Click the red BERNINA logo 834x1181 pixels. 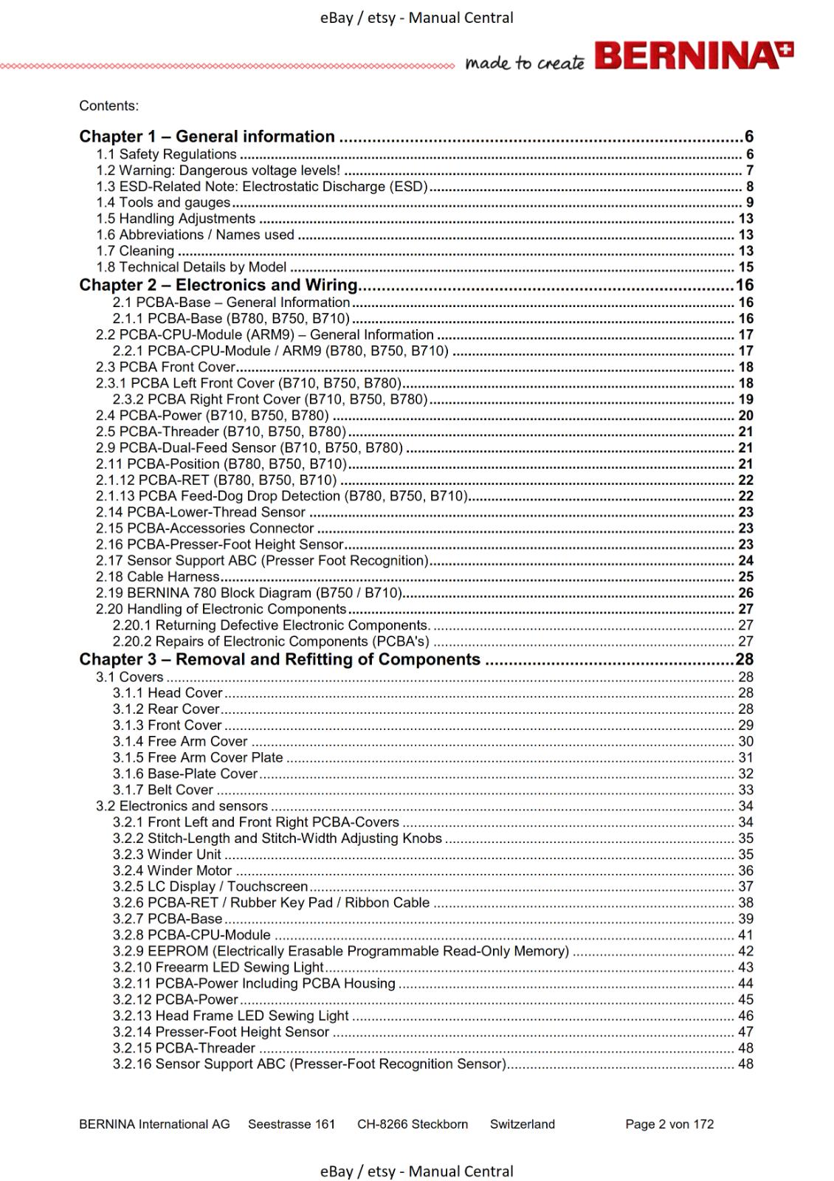pos(694,56)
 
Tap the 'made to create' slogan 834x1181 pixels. pos(524,63)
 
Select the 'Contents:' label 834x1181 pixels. pos(108,106)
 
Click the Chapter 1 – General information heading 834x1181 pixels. pos(207,137)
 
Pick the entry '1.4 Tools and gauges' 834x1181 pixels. pos(163,202)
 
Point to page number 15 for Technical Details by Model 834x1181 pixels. pos(745,267)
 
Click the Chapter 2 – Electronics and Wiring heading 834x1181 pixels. pos(218,285)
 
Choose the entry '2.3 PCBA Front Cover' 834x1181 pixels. pos(165,367)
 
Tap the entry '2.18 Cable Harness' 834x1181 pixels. pos(158,576)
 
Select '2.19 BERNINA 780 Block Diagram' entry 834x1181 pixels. pos(249,593)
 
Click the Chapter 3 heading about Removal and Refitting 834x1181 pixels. pos(280,659)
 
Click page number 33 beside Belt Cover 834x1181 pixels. pos(745,790)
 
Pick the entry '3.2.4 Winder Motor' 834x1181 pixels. pos(172,870)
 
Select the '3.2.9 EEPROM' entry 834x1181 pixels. pos(340,951)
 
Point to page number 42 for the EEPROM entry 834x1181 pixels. pos(745,951)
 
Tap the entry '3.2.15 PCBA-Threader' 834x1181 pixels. pos(184,1048)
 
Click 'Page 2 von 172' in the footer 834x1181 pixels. pos(669,1124)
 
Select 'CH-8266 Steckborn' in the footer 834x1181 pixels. pos(413,1124)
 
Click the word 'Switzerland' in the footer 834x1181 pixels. pos(523,1124)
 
